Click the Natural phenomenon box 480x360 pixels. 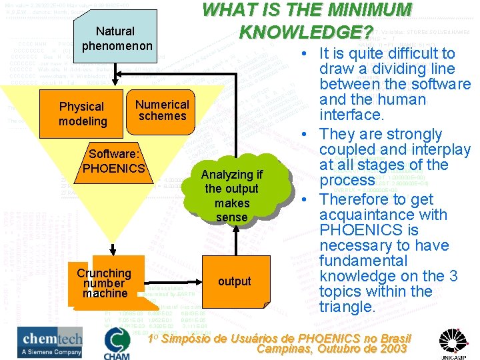pyautogui.click(x=115, y=38)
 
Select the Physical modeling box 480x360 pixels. pyautogui.click(x=83, y=114)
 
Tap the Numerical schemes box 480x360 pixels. pyautogui.click(x=162, y=110)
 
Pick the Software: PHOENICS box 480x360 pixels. pyautogui.click(x=113, y=161)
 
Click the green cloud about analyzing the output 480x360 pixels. pyautogui.click(x=231, y=195)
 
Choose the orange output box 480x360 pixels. pyautogui.click(x=235, y=281)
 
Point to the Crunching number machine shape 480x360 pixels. pyautogui.click(x=105, y=283)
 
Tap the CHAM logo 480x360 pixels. pyautogui.click(x=117, y=343)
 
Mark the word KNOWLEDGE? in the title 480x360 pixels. pyautogui.click(x=305, y=32)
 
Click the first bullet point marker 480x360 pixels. pyautogui.click(x=303, y=54)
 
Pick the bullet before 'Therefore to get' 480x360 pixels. pyautogui.click(x=303, y=200)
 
